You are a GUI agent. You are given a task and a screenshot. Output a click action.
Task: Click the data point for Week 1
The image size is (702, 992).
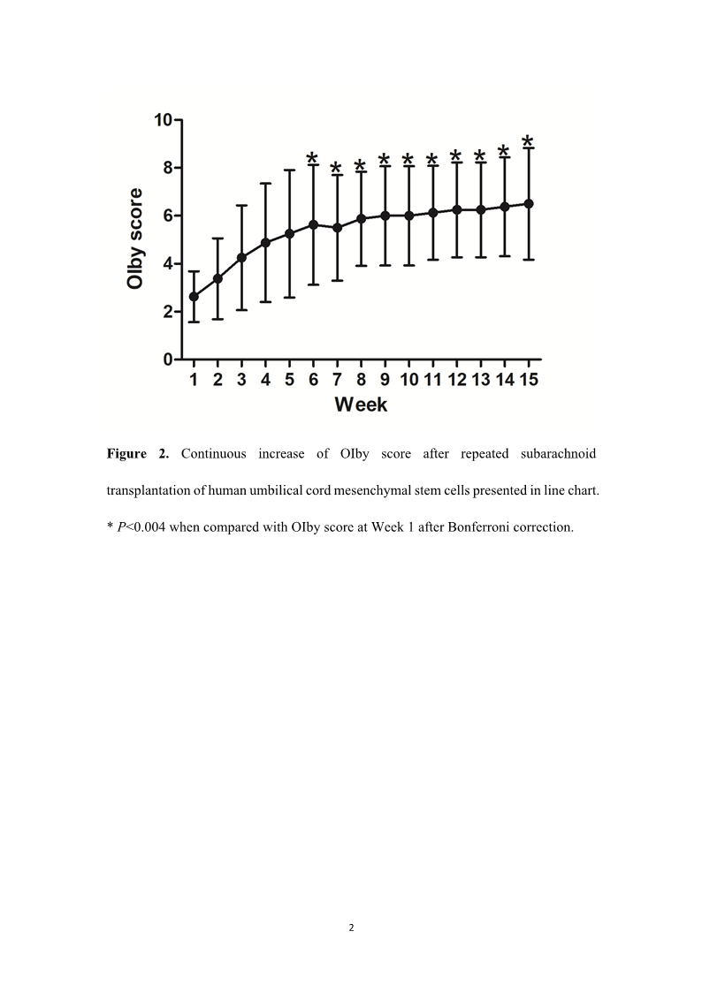tap(194, 297)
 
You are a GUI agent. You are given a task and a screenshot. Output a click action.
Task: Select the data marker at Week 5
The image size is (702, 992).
tap(289, 233)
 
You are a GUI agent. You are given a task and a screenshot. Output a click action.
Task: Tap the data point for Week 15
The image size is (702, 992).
tap(529, 203)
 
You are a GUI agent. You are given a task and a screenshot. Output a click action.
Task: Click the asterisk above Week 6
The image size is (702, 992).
tap(312, 158)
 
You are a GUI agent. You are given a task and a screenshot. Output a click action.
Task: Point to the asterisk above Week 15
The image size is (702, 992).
tap(528, 140)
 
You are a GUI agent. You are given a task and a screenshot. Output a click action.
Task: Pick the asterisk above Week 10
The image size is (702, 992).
tap(408, 160)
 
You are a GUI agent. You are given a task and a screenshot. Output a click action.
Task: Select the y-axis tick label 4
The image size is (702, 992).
tap(167, 263)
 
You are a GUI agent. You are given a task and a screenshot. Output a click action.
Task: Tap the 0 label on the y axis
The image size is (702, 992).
tap(167, 360)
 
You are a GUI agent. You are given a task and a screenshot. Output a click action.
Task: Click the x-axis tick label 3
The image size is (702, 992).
tap(241, 380)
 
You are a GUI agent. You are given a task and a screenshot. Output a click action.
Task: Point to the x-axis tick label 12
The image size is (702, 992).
tap(456, 380)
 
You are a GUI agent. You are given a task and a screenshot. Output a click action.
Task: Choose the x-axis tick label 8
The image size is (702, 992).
tap(361, 380)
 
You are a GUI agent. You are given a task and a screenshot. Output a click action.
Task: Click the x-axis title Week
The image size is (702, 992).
tap(361, 405)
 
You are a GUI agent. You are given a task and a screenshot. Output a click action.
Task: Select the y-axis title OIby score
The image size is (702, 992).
tap(135, 238)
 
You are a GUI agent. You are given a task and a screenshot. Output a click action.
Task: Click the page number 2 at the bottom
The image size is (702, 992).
tap(351, 928)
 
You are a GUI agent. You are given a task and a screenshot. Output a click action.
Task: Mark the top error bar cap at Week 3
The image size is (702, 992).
tap(241, 205)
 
